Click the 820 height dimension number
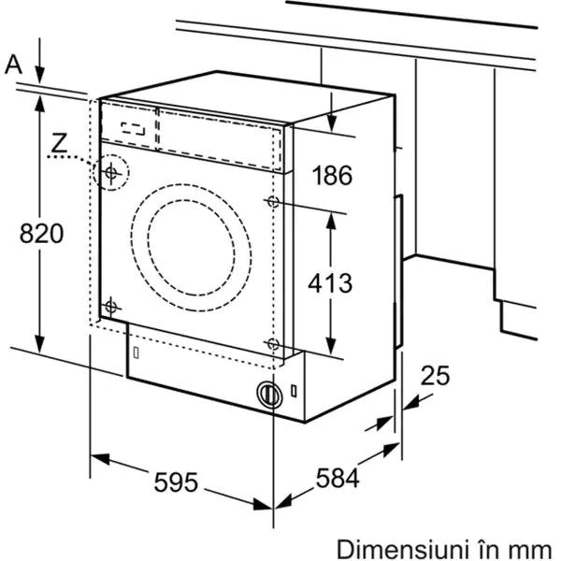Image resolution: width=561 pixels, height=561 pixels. coord(41,234)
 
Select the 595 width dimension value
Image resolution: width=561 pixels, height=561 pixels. coord(176,482)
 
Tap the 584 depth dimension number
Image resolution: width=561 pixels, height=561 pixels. coord(338,478)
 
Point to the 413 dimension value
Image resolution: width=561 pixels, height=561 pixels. coord(330,283)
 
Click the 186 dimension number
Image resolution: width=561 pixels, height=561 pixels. coord(332,176)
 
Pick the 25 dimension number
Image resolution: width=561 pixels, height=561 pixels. coord(435,376)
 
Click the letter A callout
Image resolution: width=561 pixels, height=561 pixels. coord(13,65)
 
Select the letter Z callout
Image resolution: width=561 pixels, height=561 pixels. coord(59,142)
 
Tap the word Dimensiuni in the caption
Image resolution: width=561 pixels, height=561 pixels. coord(403,549)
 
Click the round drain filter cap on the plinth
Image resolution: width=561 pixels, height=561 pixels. coord(269,395)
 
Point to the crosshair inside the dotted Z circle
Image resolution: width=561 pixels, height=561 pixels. coord(111,173)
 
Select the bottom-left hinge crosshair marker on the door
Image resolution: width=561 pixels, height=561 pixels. coord(111,307)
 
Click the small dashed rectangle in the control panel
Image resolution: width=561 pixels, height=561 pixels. coord(133,129)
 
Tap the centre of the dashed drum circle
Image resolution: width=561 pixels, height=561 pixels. coord(191,248)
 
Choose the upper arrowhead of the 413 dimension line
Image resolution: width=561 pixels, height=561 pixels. coord(331,221)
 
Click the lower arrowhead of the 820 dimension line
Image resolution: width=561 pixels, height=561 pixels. coord(40,343)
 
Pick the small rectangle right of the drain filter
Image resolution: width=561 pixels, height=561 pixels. coord(294,391)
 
